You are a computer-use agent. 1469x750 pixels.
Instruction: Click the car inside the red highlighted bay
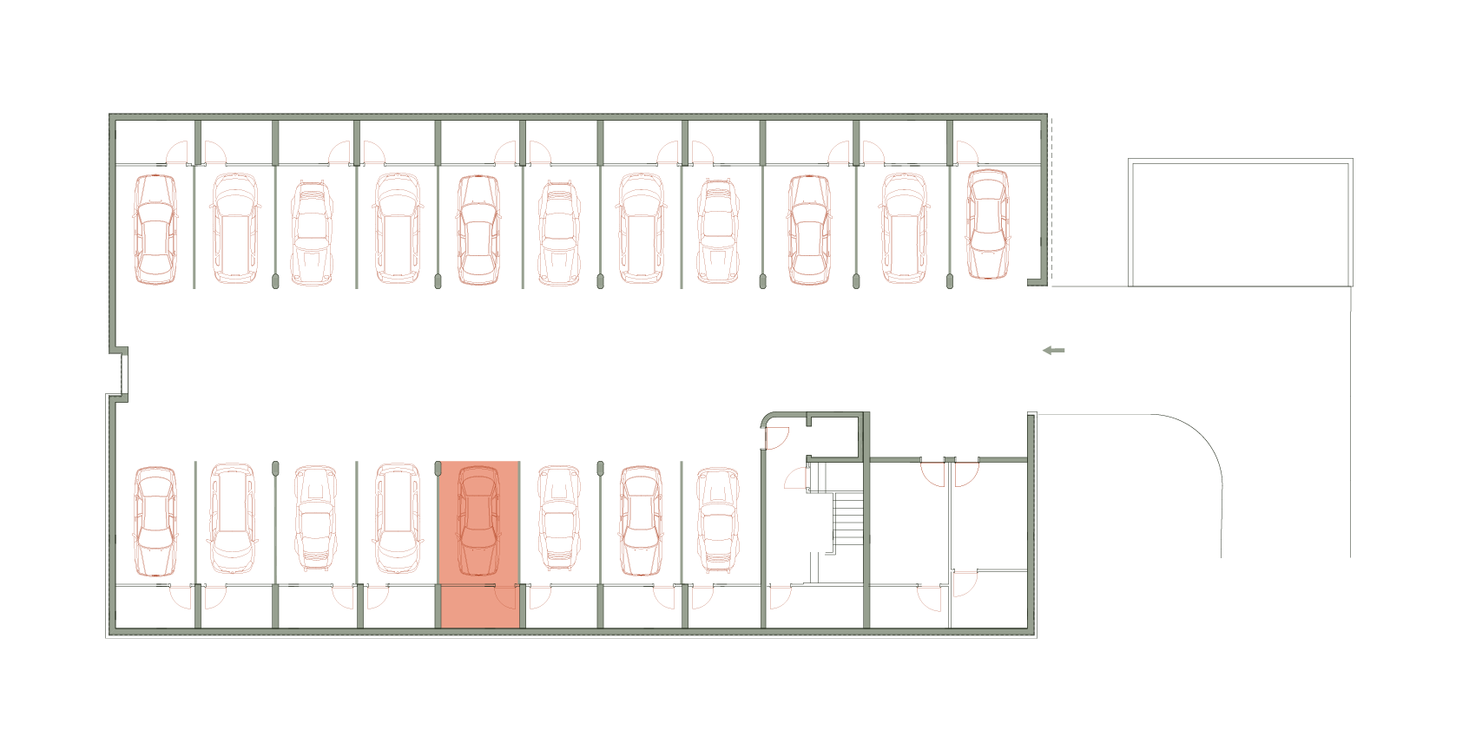478,521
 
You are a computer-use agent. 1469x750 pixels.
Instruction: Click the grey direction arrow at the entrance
1053,351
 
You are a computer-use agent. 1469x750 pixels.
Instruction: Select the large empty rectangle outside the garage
1240,223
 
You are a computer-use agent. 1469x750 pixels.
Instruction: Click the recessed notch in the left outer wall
122,373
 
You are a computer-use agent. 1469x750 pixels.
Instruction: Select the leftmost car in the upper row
155,229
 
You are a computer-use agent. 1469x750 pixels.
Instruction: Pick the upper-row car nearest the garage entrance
988,224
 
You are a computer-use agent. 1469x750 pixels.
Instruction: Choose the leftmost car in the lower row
155,521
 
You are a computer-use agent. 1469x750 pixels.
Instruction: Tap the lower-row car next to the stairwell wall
718,519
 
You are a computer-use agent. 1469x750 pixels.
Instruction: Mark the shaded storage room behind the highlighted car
479,607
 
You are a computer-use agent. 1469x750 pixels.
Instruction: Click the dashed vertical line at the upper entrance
1051,200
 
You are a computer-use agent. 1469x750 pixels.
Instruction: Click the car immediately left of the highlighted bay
398,519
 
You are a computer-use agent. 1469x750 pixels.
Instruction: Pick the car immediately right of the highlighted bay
559,519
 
